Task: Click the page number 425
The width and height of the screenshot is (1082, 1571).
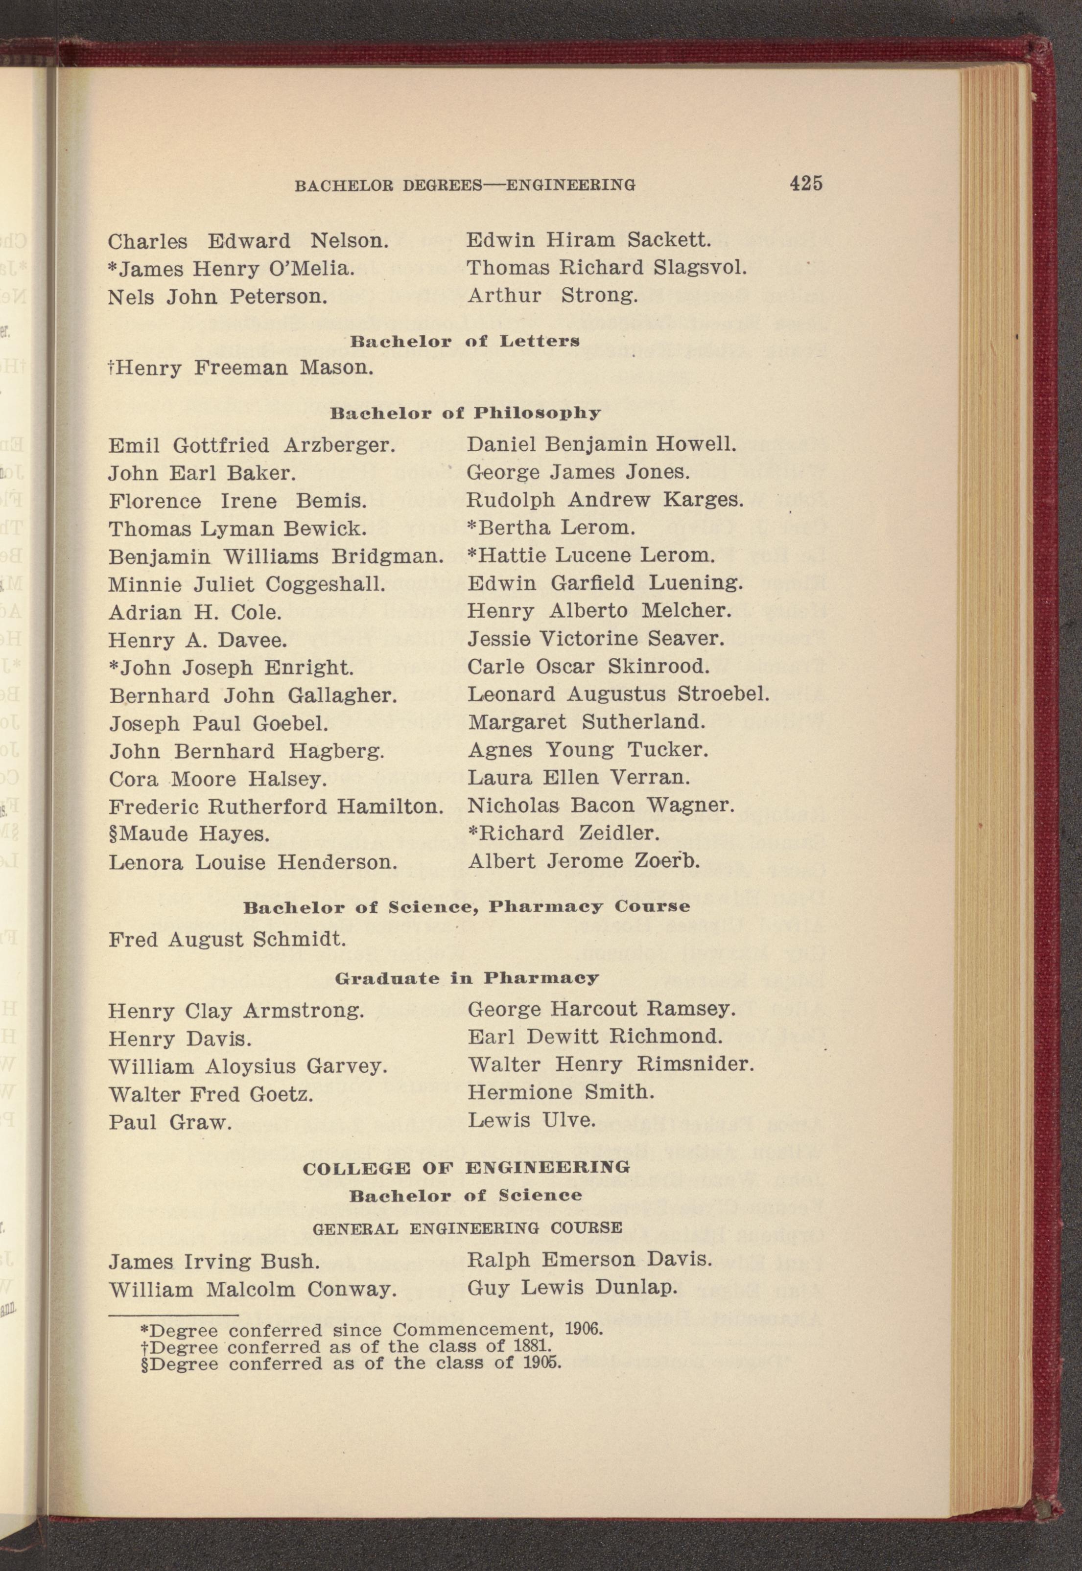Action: tap(805, 183)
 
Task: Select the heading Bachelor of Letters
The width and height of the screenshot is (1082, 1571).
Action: tap(465, 341)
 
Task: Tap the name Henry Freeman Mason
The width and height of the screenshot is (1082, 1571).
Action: tap(241, 369)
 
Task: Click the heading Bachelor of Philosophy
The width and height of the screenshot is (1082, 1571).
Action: tap(465, 413)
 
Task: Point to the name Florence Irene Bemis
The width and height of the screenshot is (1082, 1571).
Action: tap(238, 502)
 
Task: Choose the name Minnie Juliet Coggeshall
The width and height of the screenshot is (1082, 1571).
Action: tap(247, 584)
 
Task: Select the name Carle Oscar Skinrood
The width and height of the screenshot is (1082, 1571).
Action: tap(588, 667)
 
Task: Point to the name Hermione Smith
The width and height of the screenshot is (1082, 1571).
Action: tap(561, 1092)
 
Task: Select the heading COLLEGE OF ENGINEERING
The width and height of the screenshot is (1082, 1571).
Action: tap(467, 1168)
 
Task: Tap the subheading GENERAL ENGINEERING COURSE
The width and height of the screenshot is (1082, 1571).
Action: tap(467, 1227)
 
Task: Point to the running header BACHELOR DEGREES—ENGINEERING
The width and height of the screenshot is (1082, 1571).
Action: tap(465, 185)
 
